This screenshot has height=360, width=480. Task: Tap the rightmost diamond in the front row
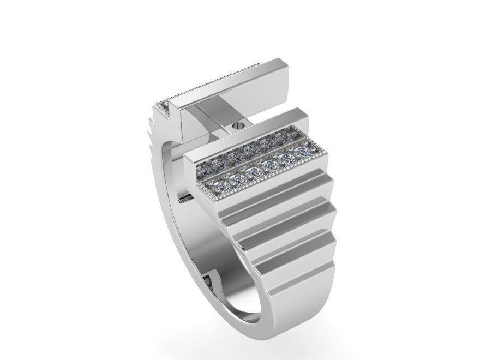point(300,151)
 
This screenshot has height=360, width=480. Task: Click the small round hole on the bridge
point(236,125)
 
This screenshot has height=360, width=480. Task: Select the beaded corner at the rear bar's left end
point(162,104)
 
